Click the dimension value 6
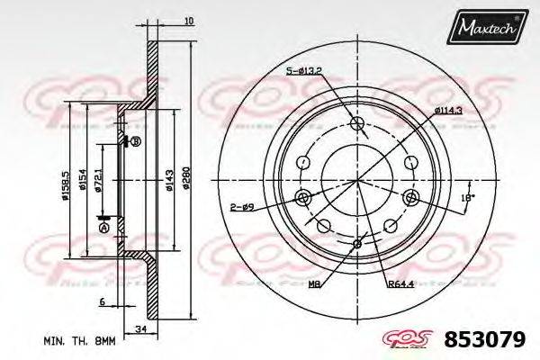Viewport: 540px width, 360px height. (103, 301)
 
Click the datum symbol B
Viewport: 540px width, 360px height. (136, 142)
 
